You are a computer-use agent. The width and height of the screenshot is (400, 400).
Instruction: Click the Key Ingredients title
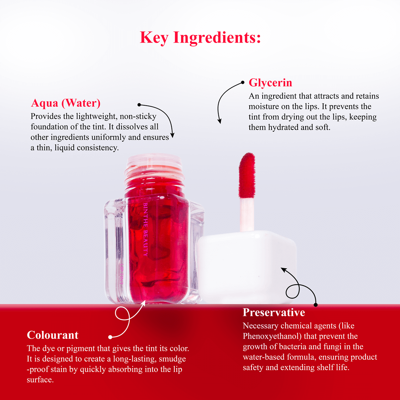[x=200, y=38]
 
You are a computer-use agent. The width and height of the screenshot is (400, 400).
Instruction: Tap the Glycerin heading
[x=270, y=83]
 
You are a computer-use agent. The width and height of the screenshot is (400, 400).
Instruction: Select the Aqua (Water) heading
[x=66, y=103]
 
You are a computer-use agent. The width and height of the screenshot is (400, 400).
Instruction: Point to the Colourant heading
[x=53, y=335]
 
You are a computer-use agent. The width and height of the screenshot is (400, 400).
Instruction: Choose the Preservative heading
[x=274, y=312]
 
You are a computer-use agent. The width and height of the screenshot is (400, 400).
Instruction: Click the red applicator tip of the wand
[x=247, y=174]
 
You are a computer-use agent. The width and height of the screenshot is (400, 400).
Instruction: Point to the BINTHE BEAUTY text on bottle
[x=145, y=229]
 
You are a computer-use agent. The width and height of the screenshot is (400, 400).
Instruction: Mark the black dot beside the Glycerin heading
[x=243, y=82]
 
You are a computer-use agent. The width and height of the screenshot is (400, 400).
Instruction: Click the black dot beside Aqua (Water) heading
[x=139, y=105]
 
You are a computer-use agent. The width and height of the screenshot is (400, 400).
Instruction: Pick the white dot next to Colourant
[x=110, y=337]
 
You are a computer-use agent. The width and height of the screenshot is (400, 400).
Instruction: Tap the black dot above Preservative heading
[x=315, y=305]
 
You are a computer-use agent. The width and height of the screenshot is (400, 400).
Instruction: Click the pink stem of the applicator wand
[x=247, y=213]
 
